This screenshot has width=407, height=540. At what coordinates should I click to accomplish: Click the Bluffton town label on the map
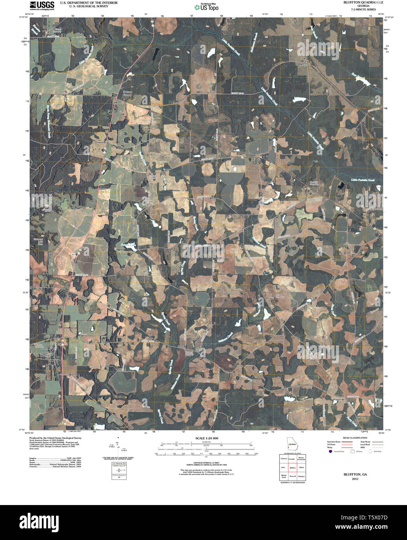46,355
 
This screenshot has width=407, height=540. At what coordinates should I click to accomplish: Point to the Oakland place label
101,143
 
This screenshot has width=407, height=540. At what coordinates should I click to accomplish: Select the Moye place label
303,64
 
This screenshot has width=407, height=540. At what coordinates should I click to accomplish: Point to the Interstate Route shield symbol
330,452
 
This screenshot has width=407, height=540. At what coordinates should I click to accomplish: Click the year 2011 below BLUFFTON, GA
355,479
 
